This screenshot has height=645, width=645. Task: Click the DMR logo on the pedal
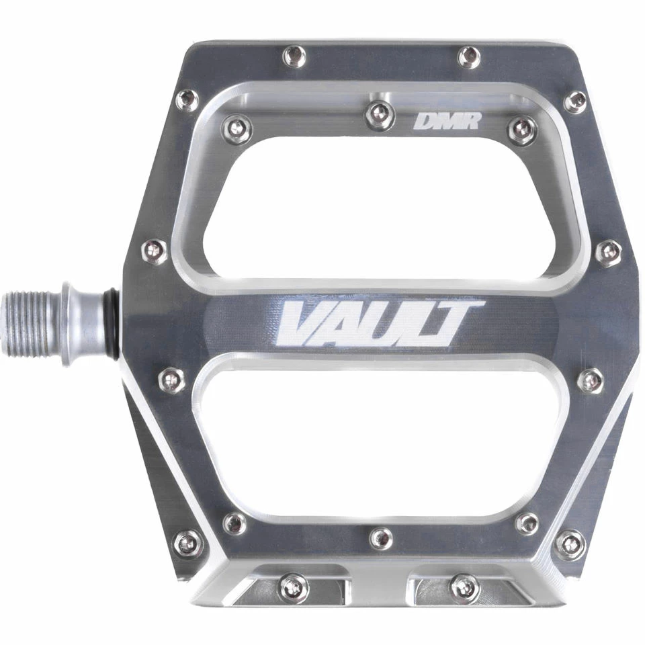(x=447, y=122)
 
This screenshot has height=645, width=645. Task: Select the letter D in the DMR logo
(x=425, y=122)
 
